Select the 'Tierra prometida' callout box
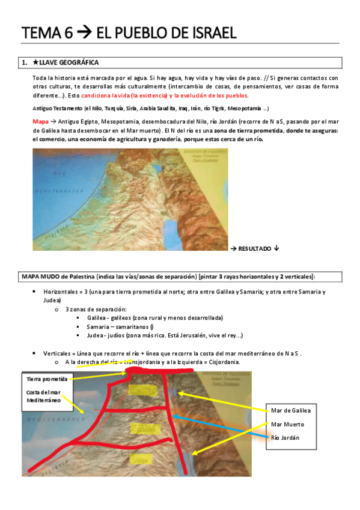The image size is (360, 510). [47, 379]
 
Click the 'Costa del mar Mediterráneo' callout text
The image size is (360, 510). [43, 396]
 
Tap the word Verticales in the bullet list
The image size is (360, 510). [58, 354]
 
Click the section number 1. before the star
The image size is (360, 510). [25, 63]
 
